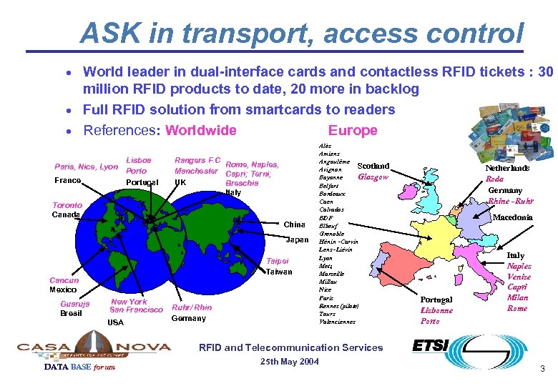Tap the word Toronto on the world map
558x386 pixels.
click(67, 205)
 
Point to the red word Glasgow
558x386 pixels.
click(373, 177)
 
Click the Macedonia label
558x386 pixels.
click(513, 217)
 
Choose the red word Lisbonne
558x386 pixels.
click(436, 311)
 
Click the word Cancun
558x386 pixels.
click(64, 280)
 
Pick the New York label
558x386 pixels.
click(129, 302)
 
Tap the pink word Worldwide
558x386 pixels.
click(200, 130)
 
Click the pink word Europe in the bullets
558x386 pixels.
click(352, 130)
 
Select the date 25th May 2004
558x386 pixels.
click(289, 362)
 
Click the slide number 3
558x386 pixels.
click(543, 369)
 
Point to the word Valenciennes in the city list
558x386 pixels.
click(337, 322)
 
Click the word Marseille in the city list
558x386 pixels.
click(331, 274)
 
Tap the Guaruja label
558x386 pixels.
click(75, 304)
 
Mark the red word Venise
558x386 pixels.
click(519, 277)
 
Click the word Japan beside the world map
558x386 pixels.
click(295, 239)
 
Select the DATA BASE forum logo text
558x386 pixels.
click(79, 367)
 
